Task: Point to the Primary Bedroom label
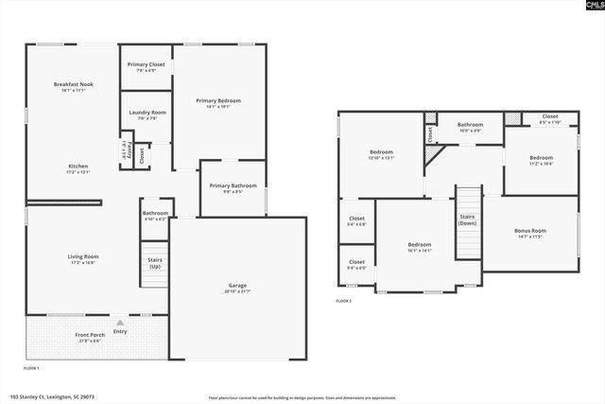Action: (218, 100)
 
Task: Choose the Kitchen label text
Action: (78, 166)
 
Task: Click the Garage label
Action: (237, 285)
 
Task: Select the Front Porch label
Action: (91, 334)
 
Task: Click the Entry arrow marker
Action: (120, 323)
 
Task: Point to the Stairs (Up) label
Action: (155, 261)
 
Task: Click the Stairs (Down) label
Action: (468, 220)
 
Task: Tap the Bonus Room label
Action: (529, 231)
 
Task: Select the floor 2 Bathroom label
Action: (470, 125)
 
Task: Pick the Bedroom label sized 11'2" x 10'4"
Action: (541, 157)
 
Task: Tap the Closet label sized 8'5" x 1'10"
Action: (549, 116)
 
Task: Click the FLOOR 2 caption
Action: (343, 301)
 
